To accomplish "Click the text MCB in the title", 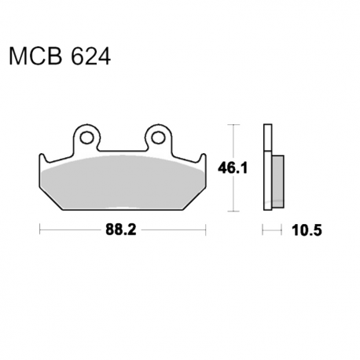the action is [x=35, y=57].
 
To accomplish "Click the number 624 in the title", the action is [x=91, y=57].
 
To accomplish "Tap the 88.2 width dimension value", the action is [x=121, y=230].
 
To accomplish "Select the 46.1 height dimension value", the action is [x=233, y=168].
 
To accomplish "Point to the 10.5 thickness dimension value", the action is [x=307, y=230].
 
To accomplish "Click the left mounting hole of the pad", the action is [x=86, y=138].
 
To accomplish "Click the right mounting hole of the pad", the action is [x=158, y=138].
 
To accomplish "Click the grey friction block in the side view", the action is [x=277, y=182].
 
